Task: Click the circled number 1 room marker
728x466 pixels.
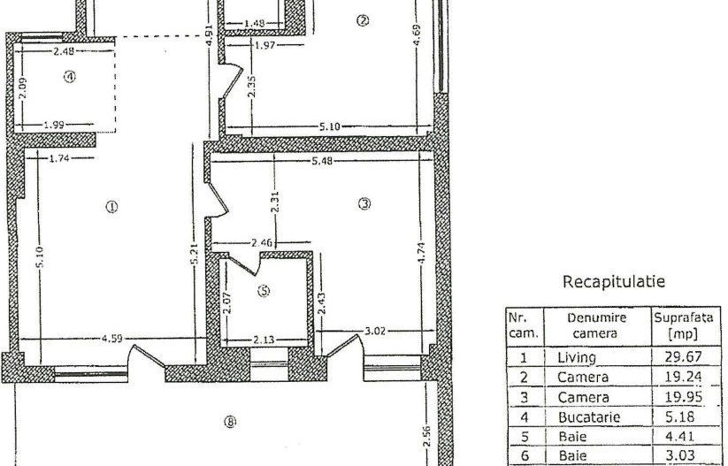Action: tap(111, 207)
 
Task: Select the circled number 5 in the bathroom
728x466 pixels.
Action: tap(264, 289)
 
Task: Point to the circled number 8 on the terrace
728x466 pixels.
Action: tap(230, 423)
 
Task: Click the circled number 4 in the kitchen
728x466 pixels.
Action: tap(70, 78)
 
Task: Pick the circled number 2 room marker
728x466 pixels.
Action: tap(361, 21)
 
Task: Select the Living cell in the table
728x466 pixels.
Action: tap(576, 357)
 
